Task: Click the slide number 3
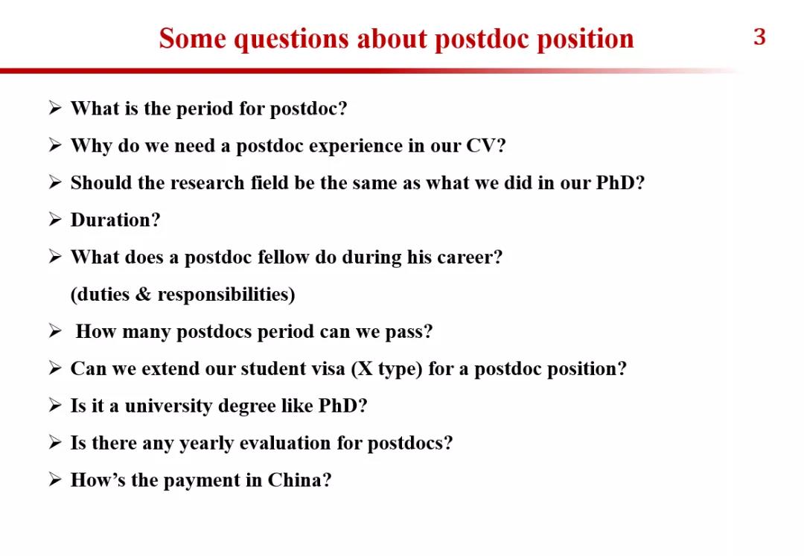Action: coord(759,37)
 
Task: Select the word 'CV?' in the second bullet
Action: coord(486,146)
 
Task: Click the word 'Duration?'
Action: coord(115,220)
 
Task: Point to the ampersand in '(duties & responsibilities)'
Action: coord(144,294)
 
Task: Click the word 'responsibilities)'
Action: coord(226,295)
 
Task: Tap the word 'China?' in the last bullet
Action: coord(299,480)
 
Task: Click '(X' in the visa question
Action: coord(362,369)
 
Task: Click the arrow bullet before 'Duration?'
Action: coord(55,220)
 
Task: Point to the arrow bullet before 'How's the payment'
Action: coord(55,480)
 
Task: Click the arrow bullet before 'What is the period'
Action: coord(55,108)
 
